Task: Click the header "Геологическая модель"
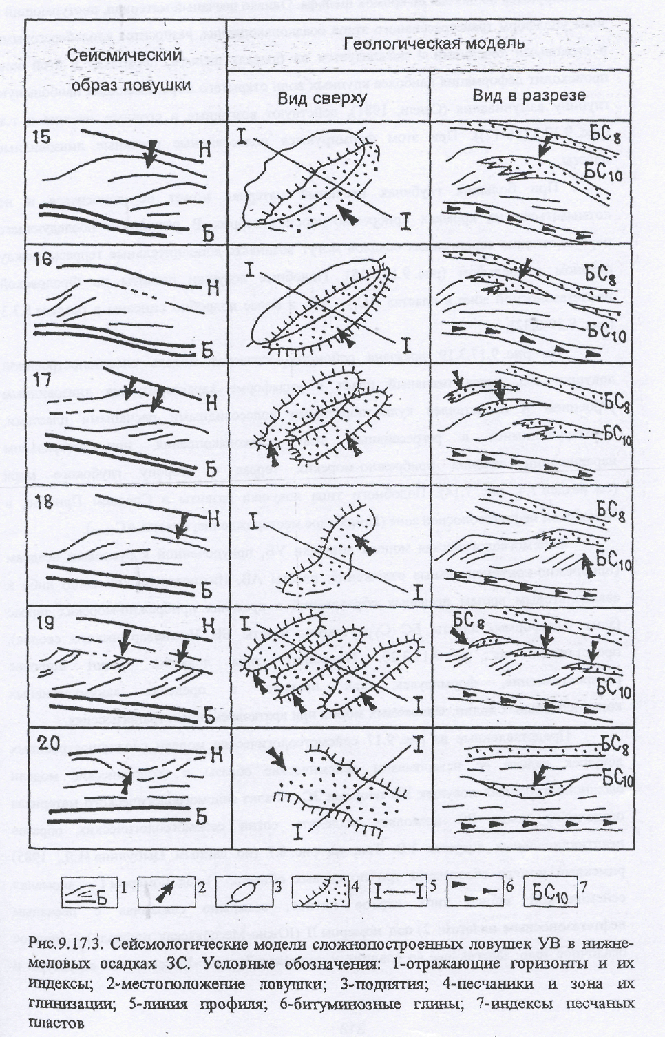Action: [x=434, y=43]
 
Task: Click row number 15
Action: [x=43, y=136]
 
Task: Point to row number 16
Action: [x=43, y=260]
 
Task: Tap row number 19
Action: [x=43, y=621]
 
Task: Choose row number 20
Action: [x=46, y=743]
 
